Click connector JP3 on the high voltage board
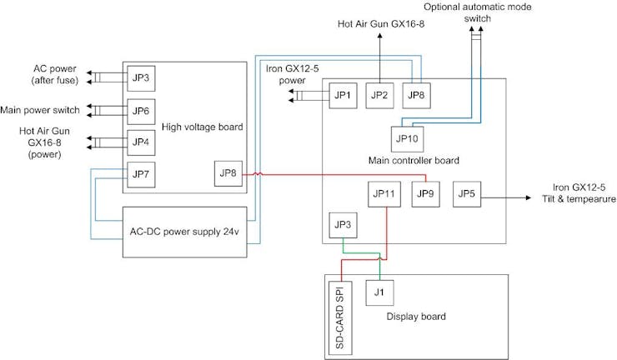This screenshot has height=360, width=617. coord(141,79)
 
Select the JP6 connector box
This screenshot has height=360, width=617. coord(141,111)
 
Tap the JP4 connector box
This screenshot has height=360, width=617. coord(141,141)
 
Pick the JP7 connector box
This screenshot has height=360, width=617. coord(141,174)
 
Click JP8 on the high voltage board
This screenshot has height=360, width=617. coord(228,174)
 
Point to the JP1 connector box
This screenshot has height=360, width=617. coord(343,96)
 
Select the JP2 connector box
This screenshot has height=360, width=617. coord(379,96)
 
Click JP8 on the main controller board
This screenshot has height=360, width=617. coord(417,96)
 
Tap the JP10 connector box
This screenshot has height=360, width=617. coord(406,138)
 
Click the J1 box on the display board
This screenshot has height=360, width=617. coord(379,292)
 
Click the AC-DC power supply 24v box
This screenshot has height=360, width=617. coord(184,231)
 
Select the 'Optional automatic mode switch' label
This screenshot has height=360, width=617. coord(477,12)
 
